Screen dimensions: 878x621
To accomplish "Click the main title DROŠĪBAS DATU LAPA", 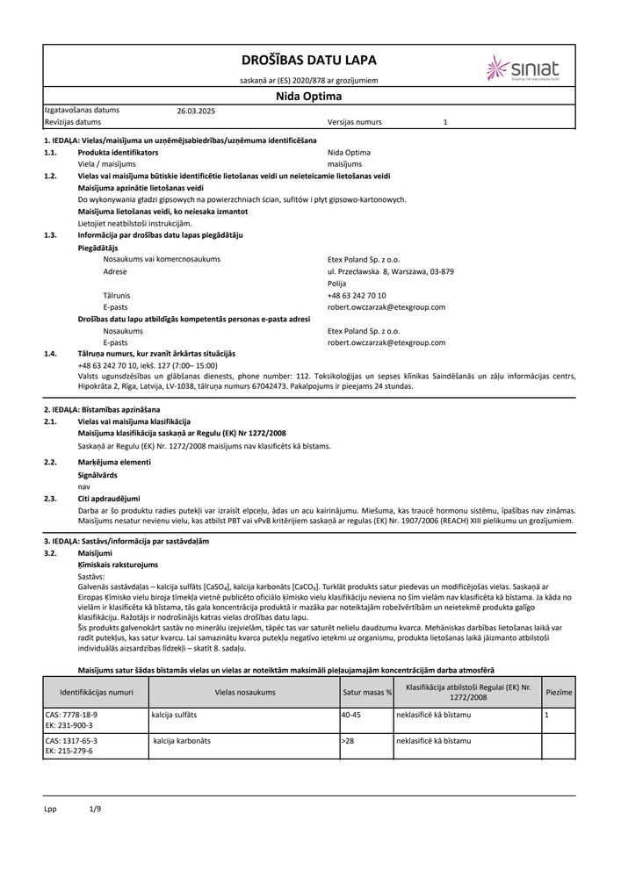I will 309,60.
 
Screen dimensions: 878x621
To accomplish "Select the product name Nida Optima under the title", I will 309,97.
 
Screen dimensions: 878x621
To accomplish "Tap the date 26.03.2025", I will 196,112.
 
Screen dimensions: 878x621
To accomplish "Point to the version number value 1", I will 445,123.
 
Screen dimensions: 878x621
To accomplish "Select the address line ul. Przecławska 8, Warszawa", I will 390,272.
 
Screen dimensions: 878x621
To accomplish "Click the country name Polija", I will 336,284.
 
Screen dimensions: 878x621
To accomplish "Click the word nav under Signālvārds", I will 84,485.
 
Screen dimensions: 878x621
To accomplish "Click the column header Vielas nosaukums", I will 245,693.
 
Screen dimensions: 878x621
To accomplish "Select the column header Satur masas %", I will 367,693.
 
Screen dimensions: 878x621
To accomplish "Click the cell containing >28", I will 350,741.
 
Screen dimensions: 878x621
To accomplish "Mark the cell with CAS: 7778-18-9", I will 72,716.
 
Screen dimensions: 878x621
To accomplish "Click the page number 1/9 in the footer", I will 96,810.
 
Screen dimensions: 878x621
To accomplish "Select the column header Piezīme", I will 559,693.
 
